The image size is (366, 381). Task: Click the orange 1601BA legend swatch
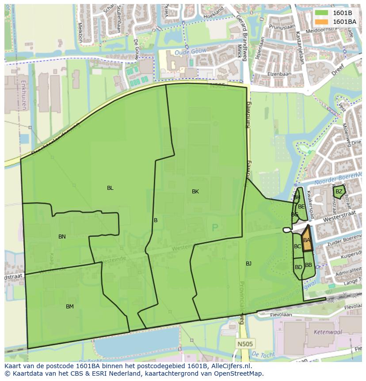coord(322,22)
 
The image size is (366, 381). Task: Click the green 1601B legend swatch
coord(322,13)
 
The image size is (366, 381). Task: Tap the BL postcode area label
coord(110,188)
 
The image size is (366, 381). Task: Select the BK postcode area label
coord(195,192)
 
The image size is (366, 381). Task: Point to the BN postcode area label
coord(62,237)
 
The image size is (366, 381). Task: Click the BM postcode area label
coord(70,307)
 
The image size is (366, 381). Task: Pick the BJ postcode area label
coord(248,264)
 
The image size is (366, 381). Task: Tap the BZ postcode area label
coord(339,192)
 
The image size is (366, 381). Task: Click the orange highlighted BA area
coord(307,240)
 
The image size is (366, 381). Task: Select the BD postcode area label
coord(298,267)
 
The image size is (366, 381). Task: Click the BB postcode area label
coord(309,265)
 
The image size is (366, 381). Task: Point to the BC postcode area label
coord(297,246)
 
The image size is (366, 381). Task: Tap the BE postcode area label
coord(301,207)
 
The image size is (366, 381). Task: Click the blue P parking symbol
coord(215,228)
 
